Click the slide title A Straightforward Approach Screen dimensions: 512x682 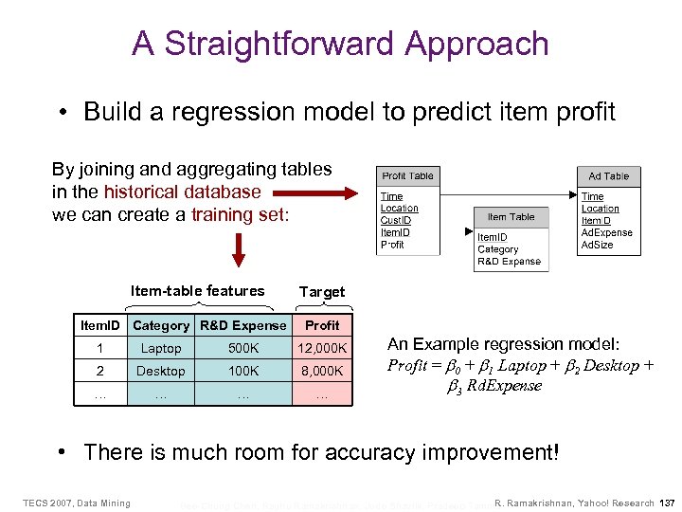click(x=340, y=44)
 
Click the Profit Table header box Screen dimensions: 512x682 click(x=407, y=175)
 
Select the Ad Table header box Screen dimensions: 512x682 click(x=608, y=175)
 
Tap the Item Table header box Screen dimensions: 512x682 click(x=511, y=217)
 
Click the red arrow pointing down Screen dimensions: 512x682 click(x=239, y=248)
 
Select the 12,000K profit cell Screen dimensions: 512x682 click(x=322, y=348)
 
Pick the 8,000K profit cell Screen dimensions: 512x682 click(x=322, y=371)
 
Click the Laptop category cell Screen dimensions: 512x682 click(x=161, y=348)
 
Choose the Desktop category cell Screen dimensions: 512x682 click(x=161, y=371)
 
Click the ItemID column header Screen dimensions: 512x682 click(x=100, y=325)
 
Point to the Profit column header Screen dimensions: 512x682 click(x=322, y=325)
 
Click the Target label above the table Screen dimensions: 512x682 click(x=322, y=292)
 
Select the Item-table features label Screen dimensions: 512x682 click(x=197, y=290)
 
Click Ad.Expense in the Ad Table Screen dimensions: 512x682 click(x=606, y=232)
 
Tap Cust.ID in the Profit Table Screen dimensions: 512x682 click(x=397, y=220)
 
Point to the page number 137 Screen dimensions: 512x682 click(x=667, y=503)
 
